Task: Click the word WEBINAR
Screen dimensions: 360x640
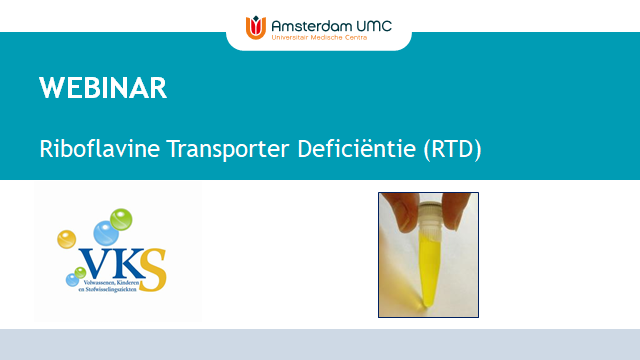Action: point(103,88)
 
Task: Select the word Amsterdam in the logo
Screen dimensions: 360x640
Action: point(308,21)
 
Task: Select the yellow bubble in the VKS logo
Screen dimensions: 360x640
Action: point(67,240)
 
